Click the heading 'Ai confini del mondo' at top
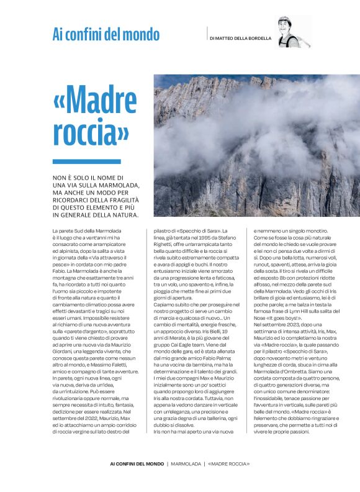click(106, 35)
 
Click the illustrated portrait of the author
click(292, 32)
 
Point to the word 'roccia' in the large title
click(91, 133)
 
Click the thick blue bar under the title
click(78, 162)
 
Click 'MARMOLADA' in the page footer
click(187, 464)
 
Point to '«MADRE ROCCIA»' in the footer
click(228, 464)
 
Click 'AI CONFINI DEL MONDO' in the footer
click(137, 464)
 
